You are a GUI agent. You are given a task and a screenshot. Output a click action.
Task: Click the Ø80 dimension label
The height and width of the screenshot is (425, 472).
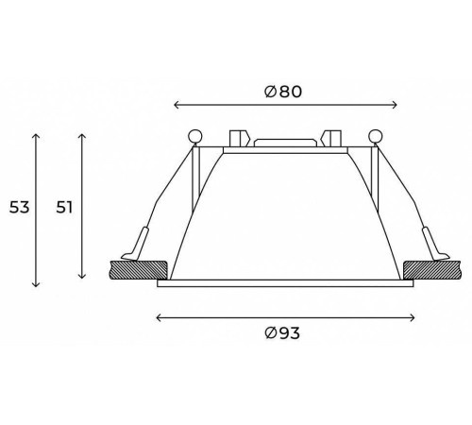tap(283, 92)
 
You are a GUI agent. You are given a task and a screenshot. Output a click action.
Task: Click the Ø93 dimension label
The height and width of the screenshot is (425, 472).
tap(283, 332)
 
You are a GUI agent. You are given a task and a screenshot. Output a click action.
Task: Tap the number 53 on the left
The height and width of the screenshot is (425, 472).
tap(17, 207)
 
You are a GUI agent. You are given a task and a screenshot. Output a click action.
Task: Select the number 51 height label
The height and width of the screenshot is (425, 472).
tap(65, 207)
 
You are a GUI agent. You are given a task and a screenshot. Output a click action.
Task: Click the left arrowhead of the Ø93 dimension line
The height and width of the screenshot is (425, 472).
tap(157, 317)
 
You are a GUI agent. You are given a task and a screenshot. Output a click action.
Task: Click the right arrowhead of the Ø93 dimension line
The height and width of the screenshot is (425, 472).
tap(413, 317)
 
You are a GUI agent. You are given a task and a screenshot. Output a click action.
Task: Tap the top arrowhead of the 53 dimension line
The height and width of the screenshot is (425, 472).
tap(37, 135)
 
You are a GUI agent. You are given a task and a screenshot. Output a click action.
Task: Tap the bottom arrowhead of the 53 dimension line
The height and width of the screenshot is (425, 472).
tap(37, 285)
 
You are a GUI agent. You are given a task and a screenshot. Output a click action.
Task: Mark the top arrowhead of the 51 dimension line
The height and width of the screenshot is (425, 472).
tap(84, 135)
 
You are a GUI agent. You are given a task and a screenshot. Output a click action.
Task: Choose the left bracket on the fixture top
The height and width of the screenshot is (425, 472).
tap(238, 137)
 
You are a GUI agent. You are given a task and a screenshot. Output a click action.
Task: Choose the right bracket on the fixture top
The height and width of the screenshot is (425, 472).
tap(331, 137)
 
